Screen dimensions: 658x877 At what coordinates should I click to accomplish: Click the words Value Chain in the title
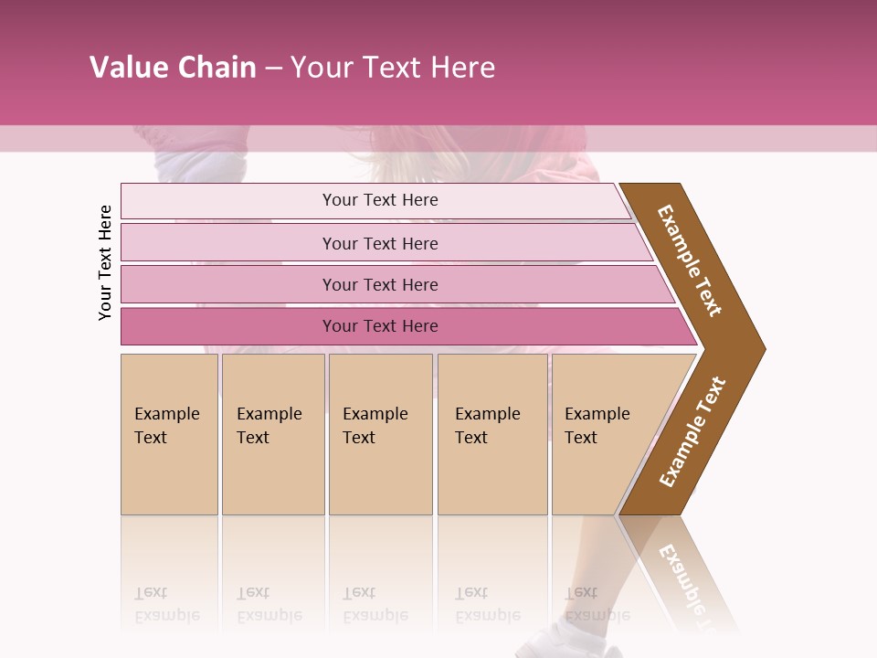[x=173, y=68]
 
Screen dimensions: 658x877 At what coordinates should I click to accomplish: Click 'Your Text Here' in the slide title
[x=393, y=68]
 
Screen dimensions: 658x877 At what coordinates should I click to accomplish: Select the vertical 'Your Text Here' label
[x=105, y=262]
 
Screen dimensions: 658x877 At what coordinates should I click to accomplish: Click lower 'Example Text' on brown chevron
[x=692, y=432]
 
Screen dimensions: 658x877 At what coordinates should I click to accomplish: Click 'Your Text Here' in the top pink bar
[x=380, y=200]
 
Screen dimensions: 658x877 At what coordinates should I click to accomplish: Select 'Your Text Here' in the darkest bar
[x=380, y=326]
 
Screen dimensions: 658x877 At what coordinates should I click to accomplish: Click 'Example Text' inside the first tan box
[x=166, y=426]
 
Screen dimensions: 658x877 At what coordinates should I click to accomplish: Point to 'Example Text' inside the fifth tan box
[x=597, y=426]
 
